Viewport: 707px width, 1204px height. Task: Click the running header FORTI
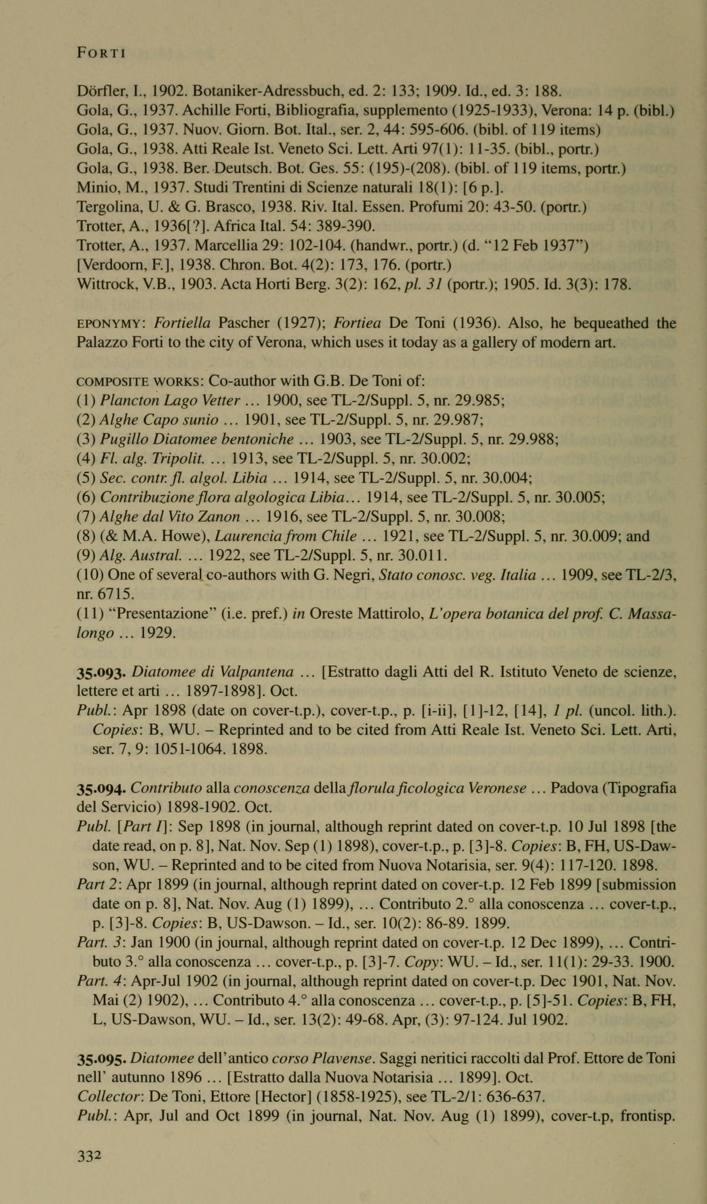pyautogui.click(x=101, y=53)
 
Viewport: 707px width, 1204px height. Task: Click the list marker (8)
pyautogui.click(x=86, y=536)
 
